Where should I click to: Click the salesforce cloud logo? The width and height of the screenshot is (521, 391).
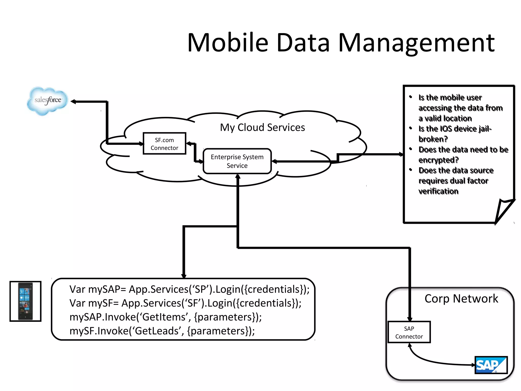pos(48,101)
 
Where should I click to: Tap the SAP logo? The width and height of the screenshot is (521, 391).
pos(491,365)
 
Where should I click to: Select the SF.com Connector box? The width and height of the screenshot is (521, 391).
pos(164,144)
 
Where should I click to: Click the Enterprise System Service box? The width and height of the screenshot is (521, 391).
pos(237,161)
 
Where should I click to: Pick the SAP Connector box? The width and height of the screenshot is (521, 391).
pos(409,332)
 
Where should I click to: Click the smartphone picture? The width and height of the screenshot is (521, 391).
pos(25,301)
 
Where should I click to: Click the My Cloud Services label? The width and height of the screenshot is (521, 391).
pos(262,127)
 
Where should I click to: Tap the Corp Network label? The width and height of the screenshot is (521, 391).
pos(461,299)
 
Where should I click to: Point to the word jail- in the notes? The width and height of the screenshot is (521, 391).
pos(485,129)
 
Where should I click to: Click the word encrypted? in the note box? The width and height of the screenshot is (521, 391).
pos(438,160)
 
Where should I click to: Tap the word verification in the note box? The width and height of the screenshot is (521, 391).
pos(438,191)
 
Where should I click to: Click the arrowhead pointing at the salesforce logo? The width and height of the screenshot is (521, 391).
pos(73,102)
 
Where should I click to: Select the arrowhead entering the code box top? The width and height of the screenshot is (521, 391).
pos(184,276)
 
